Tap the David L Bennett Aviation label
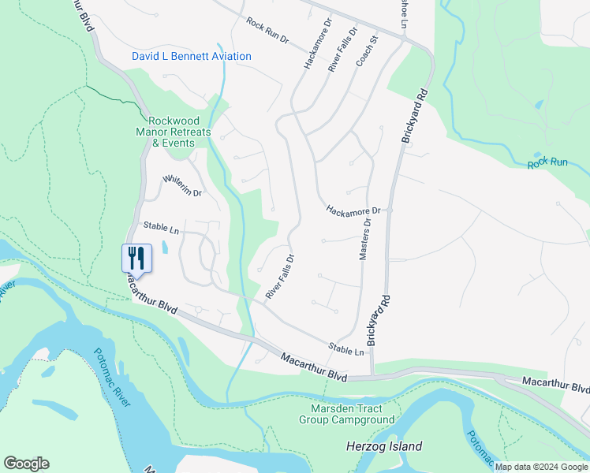192,56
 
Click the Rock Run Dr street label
268,32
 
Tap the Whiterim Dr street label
182,187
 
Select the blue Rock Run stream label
548,163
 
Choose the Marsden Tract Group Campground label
346,414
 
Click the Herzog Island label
384,446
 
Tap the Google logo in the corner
26,464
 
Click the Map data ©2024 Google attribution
541,467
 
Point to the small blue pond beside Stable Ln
164,248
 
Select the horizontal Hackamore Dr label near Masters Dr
353,210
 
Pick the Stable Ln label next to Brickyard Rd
346,348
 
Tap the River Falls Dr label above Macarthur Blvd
280,276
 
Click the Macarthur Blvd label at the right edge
555,385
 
